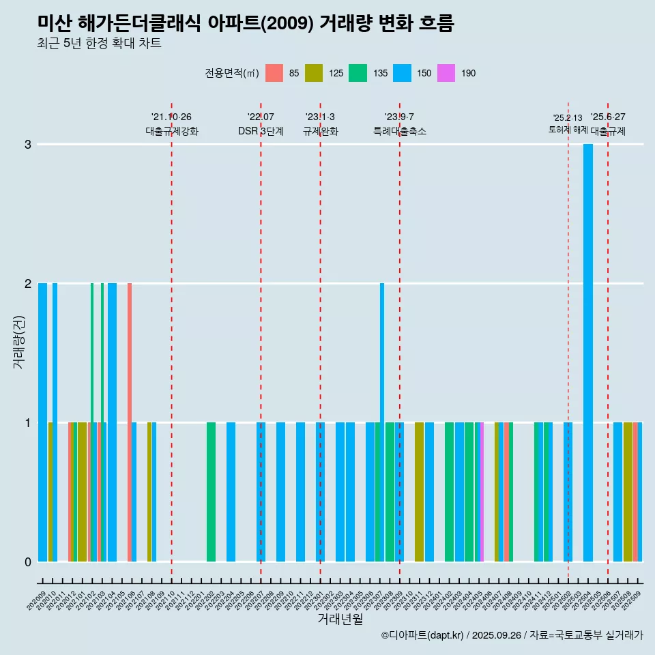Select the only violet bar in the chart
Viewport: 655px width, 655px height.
pyautogui.click(x=482, y=491)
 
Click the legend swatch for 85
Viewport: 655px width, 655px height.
pyautogui.click(x=274, y=73)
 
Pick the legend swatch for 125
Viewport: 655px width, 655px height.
pyautogui.click(x=314, y=73)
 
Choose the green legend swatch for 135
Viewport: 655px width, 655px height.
pyautogui.click(x=358, y=73)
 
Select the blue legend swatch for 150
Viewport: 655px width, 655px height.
pyautogui.click(x=401, y=73)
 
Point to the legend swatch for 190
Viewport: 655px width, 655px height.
pyautogui.click(x=446, y=73)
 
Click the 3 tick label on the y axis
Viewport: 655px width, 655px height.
pyautogui.click(x=28, y=145)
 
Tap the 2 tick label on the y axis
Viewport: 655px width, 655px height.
pyautogui.click(x=28, y=284)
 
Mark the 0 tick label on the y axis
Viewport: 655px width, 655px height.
pyautogui.click(x=28, y=562)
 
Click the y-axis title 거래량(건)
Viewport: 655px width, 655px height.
pyautogui.click(x=19, y=341)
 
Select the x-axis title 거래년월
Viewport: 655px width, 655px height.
pyautogui.click(x=340, y=619)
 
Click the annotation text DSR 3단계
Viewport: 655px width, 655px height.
pyautogui.click(x=261, y=131)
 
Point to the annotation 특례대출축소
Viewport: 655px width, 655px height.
pyautogui.click(x=400, y=131)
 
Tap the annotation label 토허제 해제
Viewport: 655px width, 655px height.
pyautogui.click(x=568, y=129)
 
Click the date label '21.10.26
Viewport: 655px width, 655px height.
pyautogui.click(x=171, y=117)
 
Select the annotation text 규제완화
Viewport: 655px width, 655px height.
pyautogui.click(x=320, y=131)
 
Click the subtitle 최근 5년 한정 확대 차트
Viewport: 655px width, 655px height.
pyautogui.click(x=100, y=44)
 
